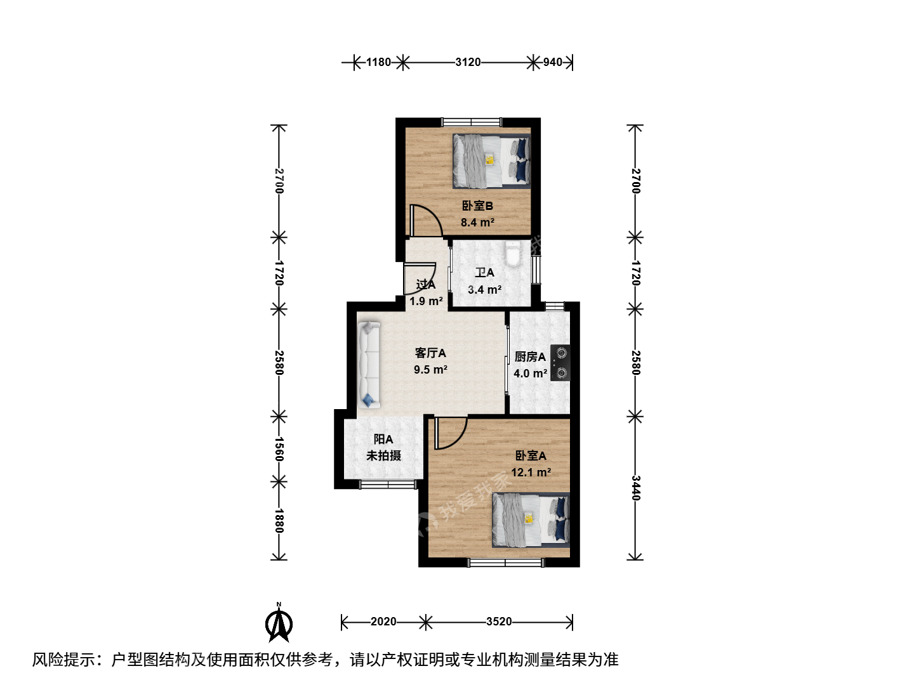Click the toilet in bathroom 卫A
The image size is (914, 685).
[513, 254]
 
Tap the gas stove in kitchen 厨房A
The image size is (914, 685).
[560, 363]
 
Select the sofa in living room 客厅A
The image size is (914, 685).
[369, 365]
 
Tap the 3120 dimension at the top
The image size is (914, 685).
[468, 62]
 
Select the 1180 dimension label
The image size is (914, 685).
[378, 62]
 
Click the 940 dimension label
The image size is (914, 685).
[553, 62]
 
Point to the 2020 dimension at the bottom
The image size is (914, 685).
[383, 622]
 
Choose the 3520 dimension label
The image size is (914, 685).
[499, 622]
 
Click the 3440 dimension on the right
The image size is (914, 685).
[635, 488]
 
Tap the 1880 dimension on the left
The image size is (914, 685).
[279, 521]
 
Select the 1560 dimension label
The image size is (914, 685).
[279, 449]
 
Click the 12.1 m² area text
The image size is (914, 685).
[531, 473]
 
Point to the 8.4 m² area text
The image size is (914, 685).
[477, 223]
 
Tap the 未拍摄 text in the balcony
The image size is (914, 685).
[383, 456]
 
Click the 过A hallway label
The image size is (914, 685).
[425, 285]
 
